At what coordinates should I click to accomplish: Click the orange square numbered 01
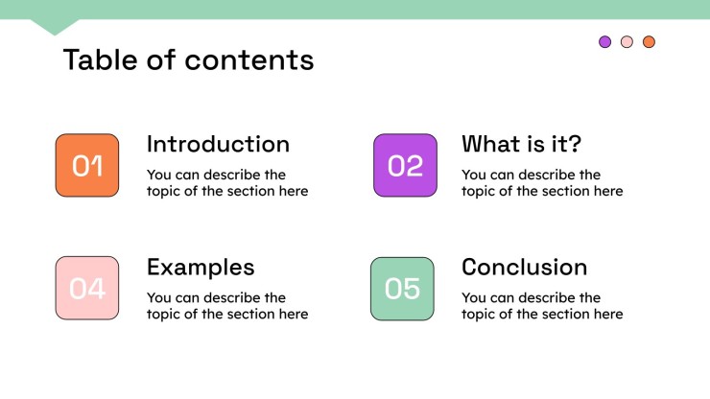[x=87, y=165]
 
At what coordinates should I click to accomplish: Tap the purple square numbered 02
[x=405, y=165]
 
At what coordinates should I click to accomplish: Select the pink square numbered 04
[x=87, y=288]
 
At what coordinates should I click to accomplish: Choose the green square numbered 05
[x=402, y=289]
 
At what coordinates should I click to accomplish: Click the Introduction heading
[x=218, y=144]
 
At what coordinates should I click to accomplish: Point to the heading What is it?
[x=521, y=144]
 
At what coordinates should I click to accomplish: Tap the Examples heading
[x=201, y=268]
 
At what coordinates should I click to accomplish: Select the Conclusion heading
[x=525, y=268]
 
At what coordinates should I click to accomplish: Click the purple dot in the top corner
[x=605, y=41]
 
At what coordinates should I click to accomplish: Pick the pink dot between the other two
[x=627, y=41]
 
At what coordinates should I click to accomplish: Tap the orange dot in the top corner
[x=649, y=41]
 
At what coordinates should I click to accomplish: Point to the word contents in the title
[x=249, y=60]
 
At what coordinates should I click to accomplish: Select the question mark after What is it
[x=574, y=144]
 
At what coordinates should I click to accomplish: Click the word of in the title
[x=161, y=59]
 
